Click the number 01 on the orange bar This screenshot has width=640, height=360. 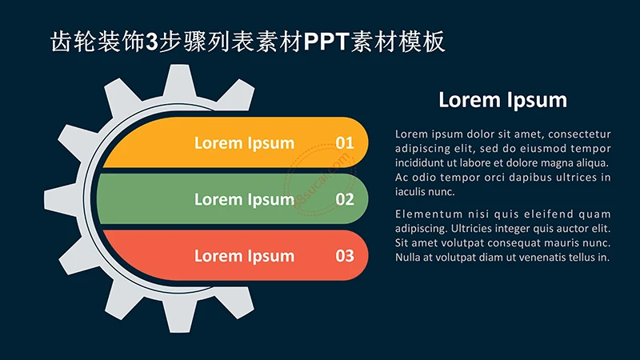tap(345, 143)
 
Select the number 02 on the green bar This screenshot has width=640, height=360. tap(345, 200)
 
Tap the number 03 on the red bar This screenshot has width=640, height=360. tap(345, 256)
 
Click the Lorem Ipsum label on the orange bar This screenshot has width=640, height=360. tap(244, 143)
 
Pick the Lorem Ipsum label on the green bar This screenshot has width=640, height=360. tap(244, 200)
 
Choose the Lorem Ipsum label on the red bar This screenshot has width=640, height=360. tap(244, 256)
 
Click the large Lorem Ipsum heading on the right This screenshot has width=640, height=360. tap(502, 100)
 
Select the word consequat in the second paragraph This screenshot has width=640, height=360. tap(501, 242)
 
